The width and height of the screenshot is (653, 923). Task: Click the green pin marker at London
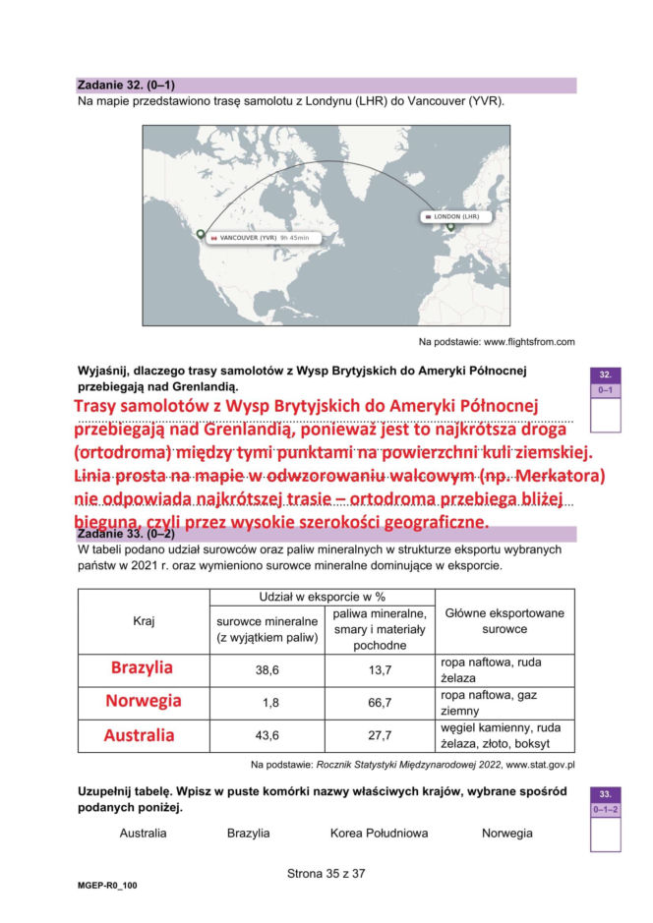coord(451,228)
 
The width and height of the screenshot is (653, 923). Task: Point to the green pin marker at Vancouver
coord(201,235)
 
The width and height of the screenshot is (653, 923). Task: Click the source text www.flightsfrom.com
coord(497,341)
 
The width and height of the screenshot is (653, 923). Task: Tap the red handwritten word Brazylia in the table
coord(142,667)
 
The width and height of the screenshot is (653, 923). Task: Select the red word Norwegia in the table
coord(144,701)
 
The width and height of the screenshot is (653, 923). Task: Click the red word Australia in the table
coord(140,735)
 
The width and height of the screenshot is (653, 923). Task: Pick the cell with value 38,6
coord(267,669)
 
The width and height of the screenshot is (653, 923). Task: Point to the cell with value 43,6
coord(267,735)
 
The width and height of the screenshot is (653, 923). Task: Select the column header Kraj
coord(144,620)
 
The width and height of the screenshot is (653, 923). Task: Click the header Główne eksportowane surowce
coord(505,620)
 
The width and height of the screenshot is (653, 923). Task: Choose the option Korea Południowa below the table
coord(379,833)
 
